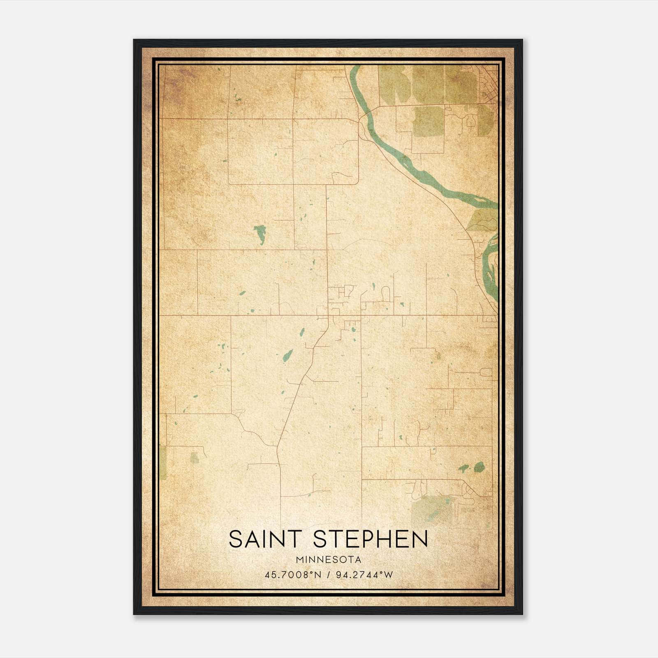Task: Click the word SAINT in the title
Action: [x=264, y=539]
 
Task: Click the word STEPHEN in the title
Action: [x=370, y=539]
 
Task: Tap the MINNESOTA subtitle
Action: [x=328, y=560]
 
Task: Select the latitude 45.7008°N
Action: [x=292, y=575]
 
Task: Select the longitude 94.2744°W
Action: [x=364, y=575]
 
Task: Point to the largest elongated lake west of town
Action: [x=260, y=234]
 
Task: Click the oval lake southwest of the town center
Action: [x=288, y=356]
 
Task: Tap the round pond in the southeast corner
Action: [x=479, y=467]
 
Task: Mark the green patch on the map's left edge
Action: [x=163, y=463]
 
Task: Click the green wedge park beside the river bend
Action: [x=482, y=220]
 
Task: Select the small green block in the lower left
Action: [x=195, y=458]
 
